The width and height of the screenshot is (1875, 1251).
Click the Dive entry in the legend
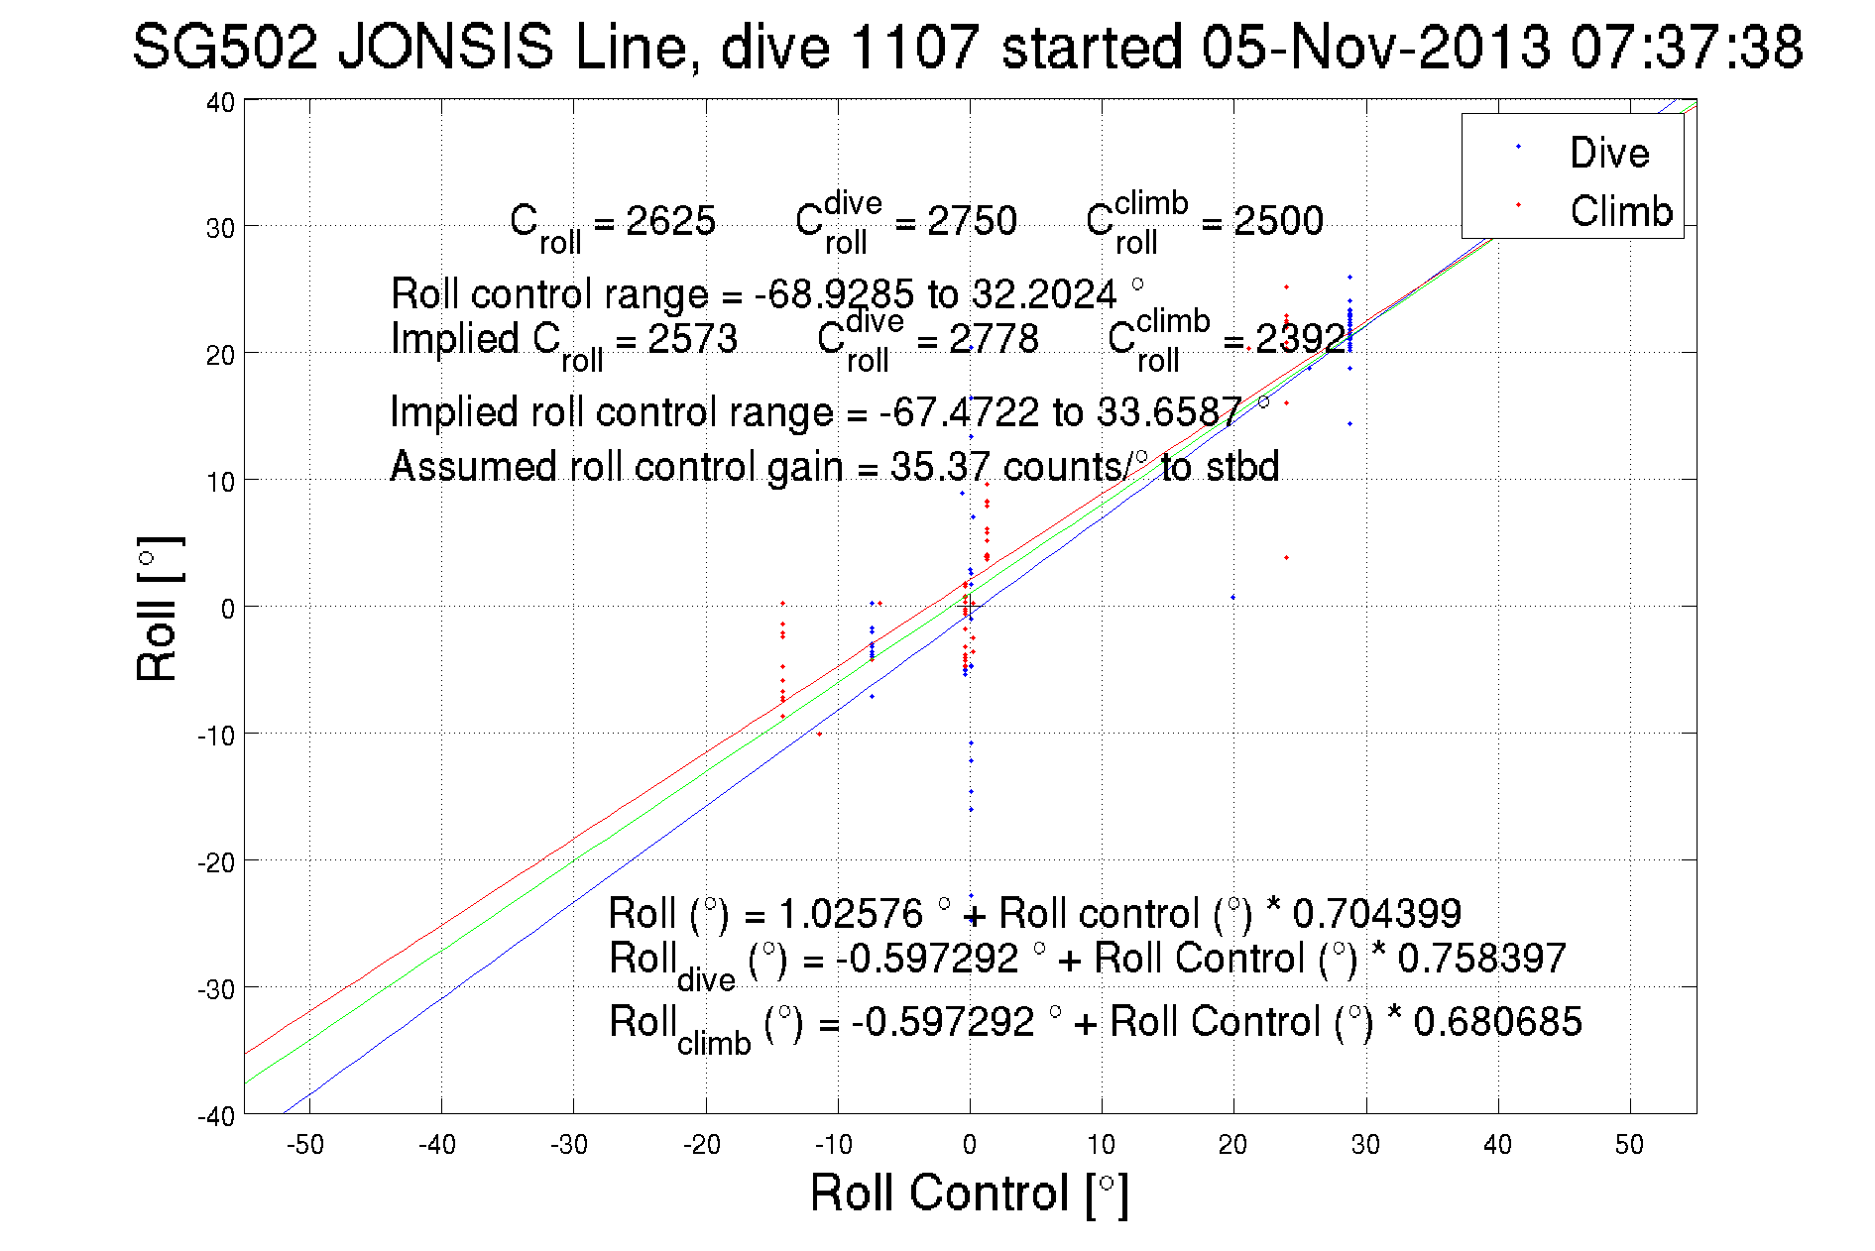(x=1608, y=153)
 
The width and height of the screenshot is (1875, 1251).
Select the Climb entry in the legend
(x=1620, y=211)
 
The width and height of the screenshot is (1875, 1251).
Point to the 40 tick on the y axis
(x=220, y=102)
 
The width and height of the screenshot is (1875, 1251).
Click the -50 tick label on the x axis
(x=305, y=1145)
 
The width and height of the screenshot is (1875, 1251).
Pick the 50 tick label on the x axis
(x=1629, y=1145)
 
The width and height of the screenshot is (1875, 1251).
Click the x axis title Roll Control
(x=969, y=1193)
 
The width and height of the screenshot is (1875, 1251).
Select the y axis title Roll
(x=158, y=609)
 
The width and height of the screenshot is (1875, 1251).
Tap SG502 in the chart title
(x=224, y=47)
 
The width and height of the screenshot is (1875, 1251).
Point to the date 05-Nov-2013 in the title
(x=1375, y=47)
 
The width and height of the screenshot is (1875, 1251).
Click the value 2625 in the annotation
(x=670, y=220)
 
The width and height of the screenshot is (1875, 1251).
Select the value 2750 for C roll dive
(x=972, y=220)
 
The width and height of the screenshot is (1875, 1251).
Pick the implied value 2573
(x=692, y=339)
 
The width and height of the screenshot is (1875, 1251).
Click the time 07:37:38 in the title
(x=1687, y=47)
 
